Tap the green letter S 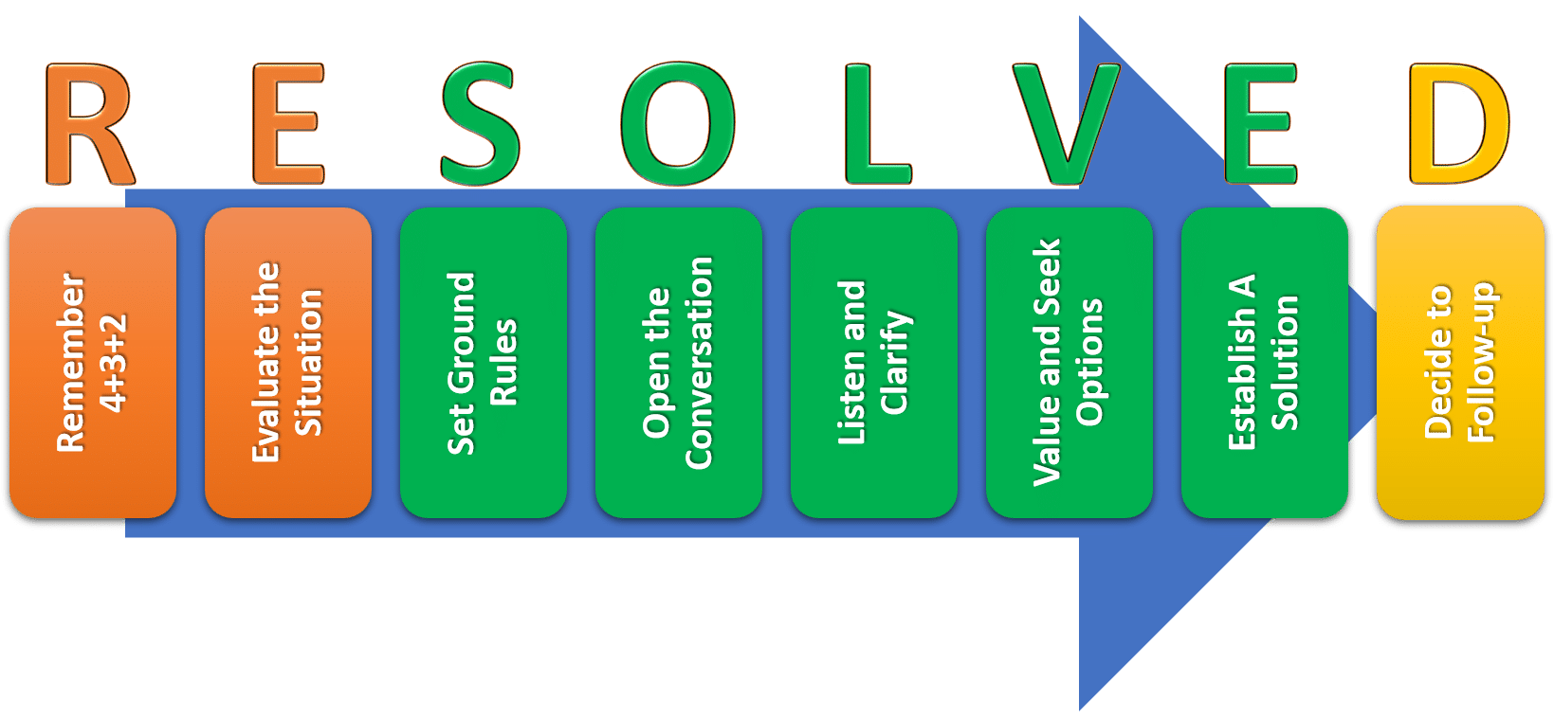click(x=480, y=124)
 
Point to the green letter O click(x=678, y=124)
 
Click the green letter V click(x=1066, y=124)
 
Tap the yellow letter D click(x=1457, y=124)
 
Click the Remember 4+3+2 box click(x=93, y=362)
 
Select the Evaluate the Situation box click(x=287, y=362)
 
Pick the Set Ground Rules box click(x=483, y=362)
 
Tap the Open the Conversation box click(x=678, y=362)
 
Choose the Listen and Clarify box click(x=873, y=362)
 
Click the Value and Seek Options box click(x=1069, y=362)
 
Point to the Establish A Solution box click(x=1264, y=362)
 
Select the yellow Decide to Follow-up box click(x=1460, y=362)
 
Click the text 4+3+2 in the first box click(x=114, y=362)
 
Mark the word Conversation click(x=699, y=362)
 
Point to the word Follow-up click(x=1481, y=362)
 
